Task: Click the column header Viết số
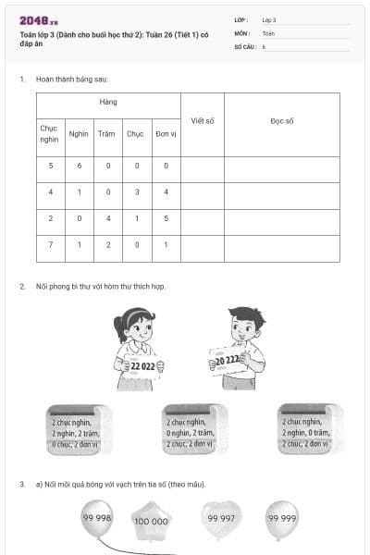pyautogui.click(x=202, y=121)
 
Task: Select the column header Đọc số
pyautogui.click(x=281, y=121)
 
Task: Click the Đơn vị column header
pyautogui.click(x=166, y=133)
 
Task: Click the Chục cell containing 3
pyautogui.click(x=136, y=192)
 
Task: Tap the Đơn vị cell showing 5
pyautogui.click(x=166, y=219)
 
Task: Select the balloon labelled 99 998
pyautogui.click(x=96, y=519)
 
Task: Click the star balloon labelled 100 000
pyautogui.click(x=151, y=521)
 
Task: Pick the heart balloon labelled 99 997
pyautogui.click(x=220, y=519)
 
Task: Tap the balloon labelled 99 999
pyautogui.click(x=281, y=519)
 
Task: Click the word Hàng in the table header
pyautogui.click(x=109, y=102)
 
